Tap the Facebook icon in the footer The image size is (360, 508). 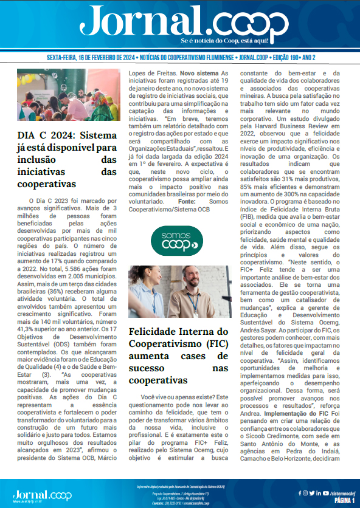[300, 493]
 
